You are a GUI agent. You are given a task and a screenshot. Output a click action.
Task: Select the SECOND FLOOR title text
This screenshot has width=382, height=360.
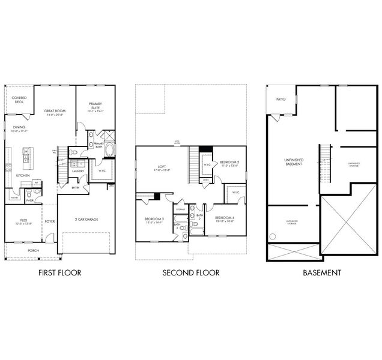pyautogui.click(x=190, y=273)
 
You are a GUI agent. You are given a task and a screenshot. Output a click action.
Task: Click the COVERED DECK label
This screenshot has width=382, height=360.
pyautogui.click(x=19, y=100)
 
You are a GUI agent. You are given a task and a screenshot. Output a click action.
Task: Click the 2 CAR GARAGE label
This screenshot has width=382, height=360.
pyautogui.click(x=87, y=219)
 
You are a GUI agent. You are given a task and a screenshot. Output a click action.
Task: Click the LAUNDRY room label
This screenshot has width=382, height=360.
pyautogui.click(x=78, y=171)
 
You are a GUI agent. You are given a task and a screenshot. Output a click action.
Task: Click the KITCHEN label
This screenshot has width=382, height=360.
pyautogui.click(x=23, y=175)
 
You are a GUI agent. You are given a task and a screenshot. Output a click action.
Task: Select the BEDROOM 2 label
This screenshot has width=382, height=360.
pyautogui.click(x=229, y=163)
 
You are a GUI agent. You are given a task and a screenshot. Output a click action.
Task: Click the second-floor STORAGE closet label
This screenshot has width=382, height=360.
pyautogui.click(x=181, y=209)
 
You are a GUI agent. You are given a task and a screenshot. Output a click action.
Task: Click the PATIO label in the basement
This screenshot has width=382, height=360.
pyautogui.click(x=280, y=99)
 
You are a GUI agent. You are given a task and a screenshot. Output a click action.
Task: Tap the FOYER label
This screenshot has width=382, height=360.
pyautogui.click(x=49, y=221)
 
